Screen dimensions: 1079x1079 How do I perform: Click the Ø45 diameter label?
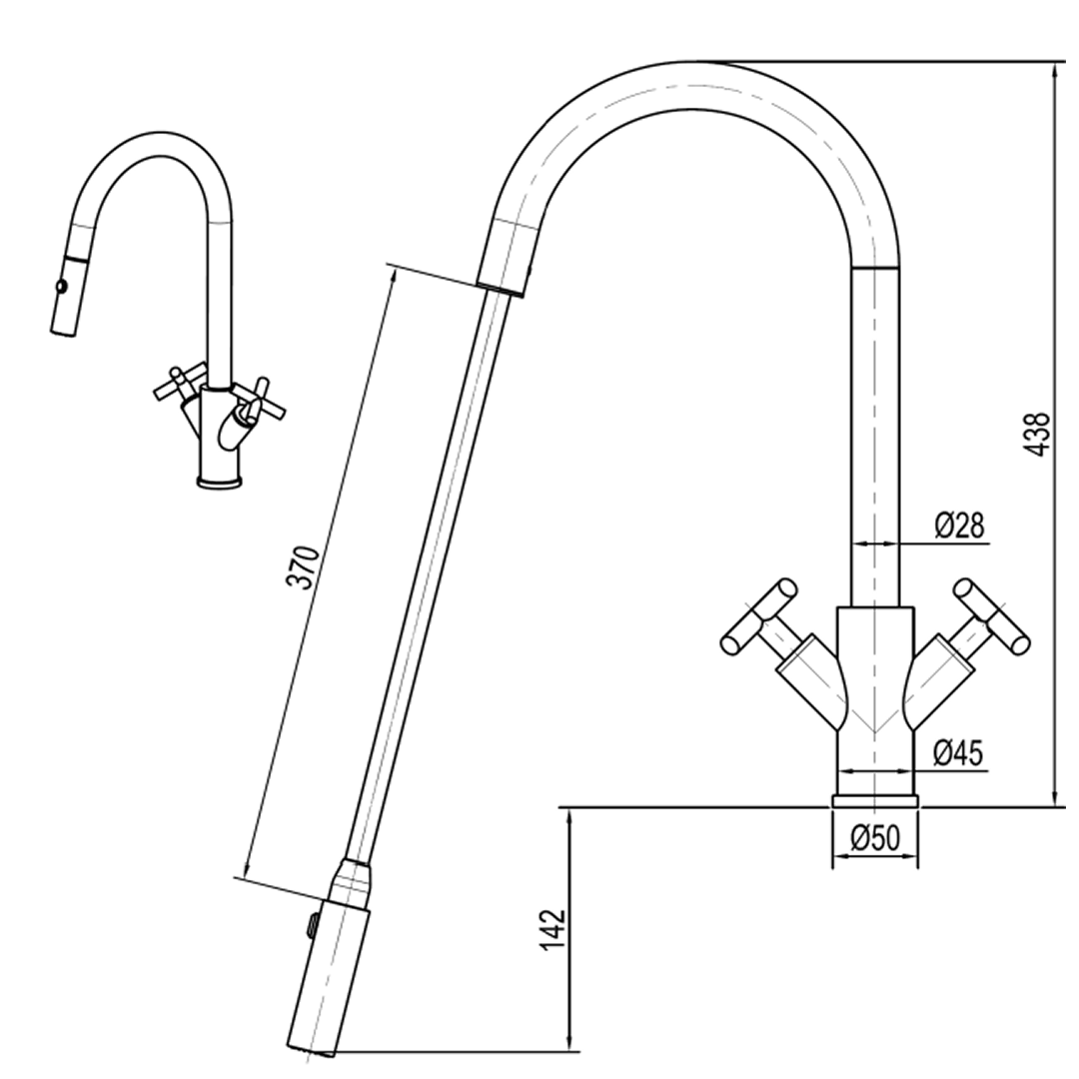coord(957,752)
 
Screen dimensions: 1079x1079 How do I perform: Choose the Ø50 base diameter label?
coord(875,839)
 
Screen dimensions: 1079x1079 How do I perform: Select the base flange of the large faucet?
coord(875,799)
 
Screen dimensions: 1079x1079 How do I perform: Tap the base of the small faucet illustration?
coord(221,483)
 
